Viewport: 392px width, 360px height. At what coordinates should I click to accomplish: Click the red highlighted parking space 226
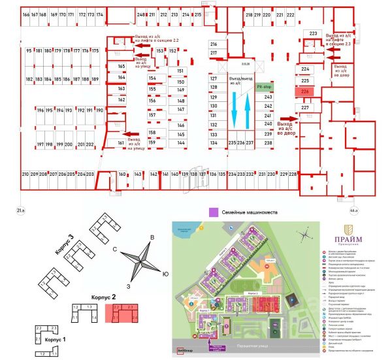coord(305,92)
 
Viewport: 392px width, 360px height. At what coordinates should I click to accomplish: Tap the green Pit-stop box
coord(264,86)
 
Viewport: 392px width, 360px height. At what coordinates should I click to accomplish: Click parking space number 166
coord(26,14)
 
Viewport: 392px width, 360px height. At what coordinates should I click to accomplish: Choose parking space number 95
coord(29,50)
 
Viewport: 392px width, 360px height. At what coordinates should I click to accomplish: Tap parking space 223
coord(313,33)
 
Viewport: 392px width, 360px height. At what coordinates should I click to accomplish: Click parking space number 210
coord(25,174)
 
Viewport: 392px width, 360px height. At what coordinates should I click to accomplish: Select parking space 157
coord(152,115)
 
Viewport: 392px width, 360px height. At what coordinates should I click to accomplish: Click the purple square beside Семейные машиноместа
coord(212,212)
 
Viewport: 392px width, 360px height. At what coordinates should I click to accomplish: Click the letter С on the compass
coord(114,249)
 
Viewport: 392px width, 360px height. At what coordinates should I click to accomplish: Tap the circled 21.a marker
coord(20,210)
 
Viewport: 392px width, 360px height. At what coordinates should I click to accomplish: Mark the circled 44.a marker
coord(354,210)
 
